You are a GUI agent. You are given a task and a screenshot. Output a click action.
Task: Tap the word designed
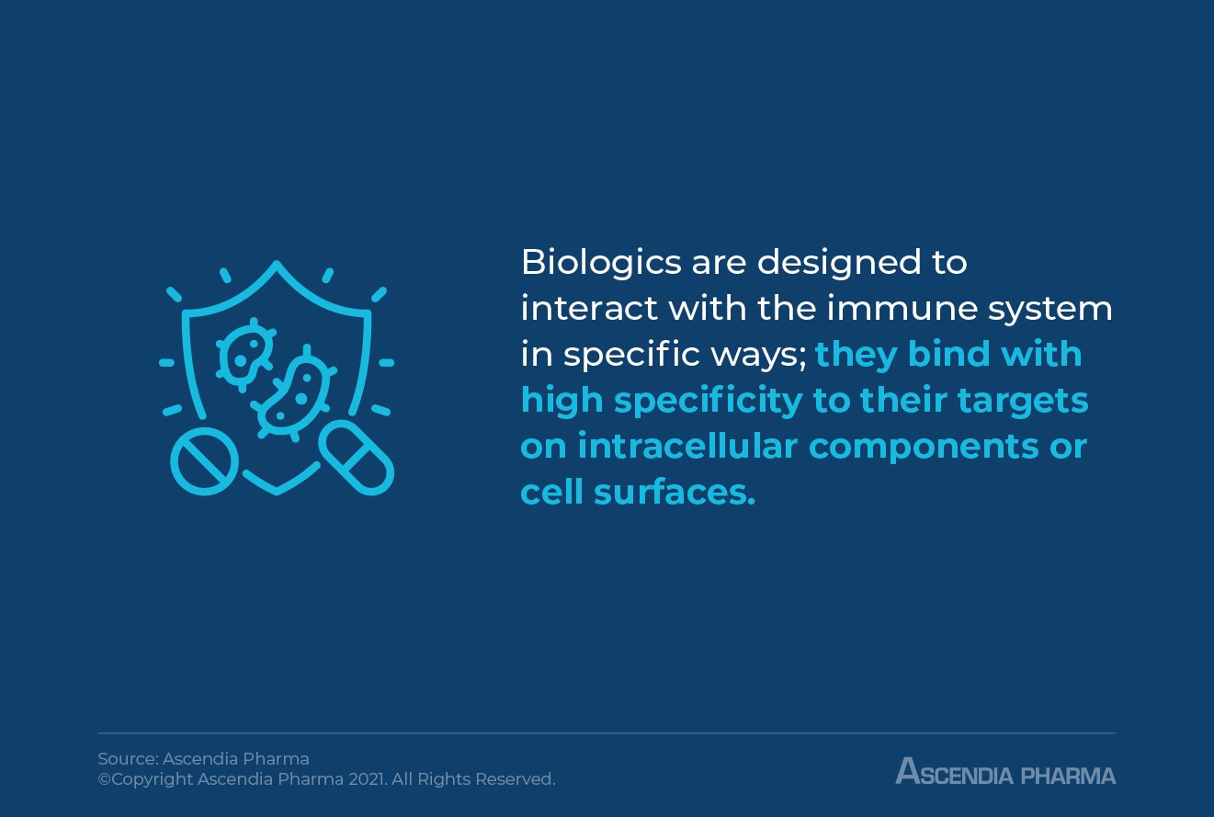tap(832, 264)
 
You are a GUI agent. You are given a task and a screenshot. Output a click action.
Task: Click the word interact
tap(588, 310)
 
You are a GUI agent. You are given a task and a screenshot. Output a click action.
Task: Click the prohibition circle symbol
tap(204, 460)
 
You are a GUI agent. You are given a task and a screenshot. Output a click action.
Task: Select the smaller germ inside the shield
tap(245, 352)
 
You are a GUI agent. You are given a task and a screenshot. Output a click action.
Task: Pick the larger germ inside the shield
tap(294, 395)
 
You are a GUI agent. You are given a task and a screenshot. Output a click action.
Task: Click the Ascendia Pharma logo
tap(1005, 771)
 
